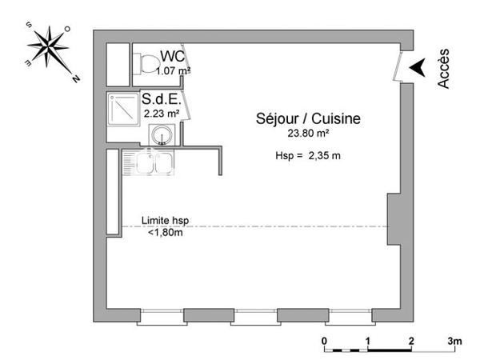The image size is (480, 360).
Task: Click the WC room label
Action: (174, 56)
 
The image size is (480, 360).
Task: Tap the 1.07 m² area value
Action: (172, 70)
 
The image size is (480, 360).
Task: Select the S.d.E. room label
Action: (160, 101)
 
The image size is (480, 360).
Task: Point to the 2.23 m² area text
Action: (159, 114)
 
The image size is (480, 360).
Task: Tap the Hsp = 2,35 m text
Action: (302, 156)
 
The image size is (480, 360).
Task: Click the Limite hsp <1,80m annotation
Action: (166, 226)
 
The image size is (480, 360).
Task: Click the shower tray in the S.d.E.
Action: (123, 104)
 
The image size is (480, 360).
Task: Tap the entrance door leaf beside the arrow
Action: (398, 66)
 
